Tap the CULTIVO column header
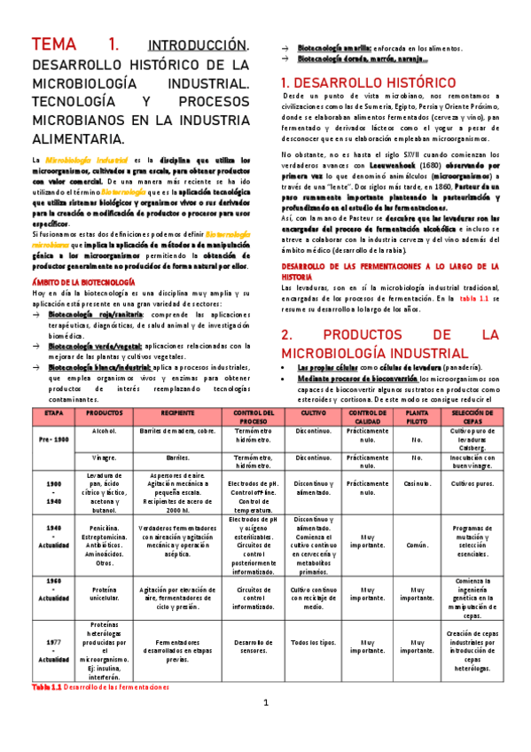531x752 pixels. pos(313,414)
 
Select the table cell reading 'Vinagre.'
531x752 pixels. pos(105,459)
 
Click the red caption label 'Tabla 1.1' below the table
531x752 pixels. pos(46,687)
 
